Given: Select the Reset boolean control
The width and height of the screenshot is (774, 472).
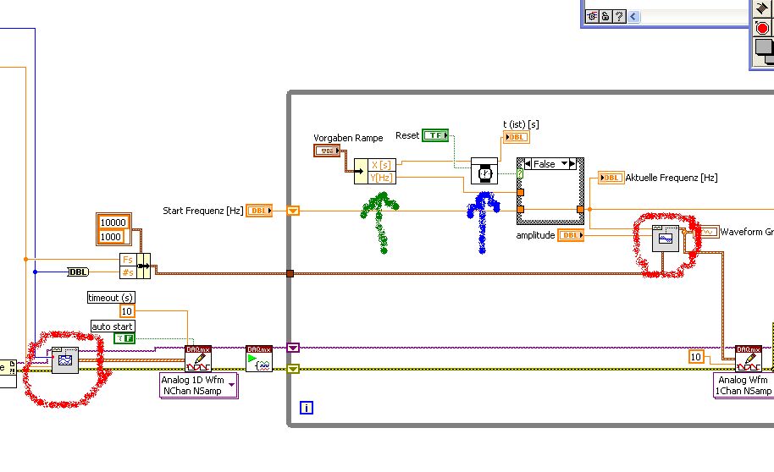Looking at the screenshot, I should [x=435, y=135].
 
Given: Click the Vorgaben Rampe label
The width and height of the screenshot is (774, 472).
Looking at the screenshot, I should [x=348, y=138].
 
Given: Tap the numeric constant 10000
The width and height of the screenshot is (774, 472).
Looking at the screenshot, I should [x=113, y=222].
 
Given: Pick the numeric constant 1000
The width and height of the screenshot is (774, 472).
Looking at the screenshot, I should [x=110, y=237].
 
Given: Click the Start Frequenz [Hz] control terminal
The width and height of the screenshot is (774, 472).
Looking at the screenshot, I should [x=259, y=211].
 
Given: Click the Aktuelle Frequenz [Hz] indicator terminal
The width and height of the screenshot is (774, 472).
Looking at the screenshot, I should [x=611, y=178].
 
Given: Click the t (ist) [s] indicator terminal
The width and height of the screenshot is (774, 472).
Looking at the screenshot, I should [x=516, y=138].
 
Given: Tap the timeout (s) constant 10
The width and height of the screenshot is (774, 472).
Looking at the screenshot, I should [x=127, y=311].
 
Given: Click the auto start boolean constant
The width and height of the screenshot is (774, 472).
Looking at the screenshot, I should [x=124, y=338].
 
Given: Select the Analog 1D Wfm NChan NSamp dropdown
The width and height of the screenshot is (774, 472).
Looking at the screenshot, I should [x=199, y=386].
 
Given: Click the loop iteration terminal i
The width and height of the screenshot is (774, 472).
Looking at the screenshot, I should [x=307, y=408].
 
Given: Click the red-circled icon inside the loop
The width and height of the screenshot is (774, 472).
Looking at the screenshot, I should [x=666, y=240].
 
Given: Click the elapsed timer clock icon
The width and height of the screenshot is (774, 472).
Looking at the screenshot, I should [x=485, y=173].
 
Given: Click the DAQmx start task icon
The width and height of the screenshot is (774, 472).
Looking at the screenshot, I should [x=259, y=359].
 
